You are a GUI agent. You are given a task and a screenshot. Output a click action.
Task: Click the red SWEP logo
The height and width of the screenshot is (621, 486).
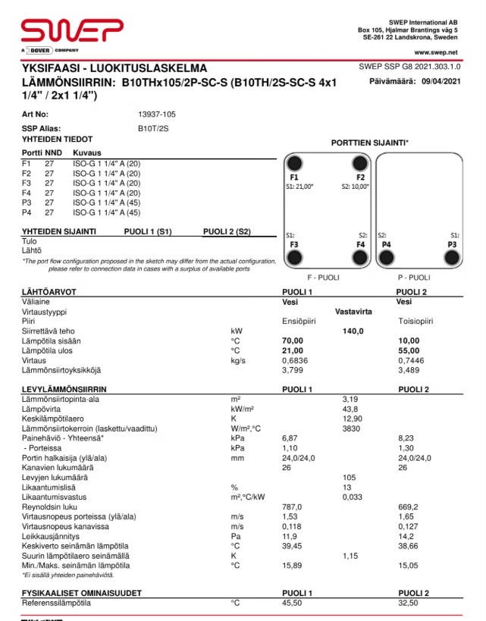click(72, 31)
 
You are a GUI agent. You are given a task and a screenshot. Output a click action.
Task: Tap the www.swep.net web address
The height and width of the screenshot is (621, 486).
click(436, 52)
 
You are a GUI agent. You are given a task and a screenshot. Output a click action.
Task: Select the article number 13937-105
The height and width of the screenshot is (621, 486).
click(156, 114)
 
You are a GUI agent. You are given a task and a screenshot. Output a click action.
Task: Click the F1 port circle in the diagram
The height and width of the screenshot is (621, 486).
click(295, 163)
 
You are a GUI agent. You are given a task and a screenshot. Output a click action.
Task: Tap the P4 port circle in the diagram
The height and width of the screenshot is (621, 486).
click(387, 258)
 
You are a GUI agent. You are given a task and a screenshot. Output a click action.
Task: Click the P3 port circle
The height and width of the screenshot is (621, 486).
click(452, 258)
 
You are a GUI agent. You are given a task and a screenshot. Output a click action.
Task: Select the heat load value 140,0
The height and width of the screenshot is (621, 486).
click(353, 331)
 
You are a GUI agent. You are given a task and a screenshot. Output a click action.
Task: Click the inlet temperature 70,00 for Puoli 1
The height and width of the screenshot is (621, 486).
click(292, 340)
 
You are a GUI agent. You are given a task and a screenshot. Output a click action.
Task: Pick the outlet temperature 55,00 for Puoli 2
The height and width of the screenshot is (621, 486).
click(409, 350)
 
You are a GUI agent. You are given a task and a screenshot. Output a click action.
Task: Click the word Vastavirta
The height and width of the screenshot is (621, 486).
click(354, 311)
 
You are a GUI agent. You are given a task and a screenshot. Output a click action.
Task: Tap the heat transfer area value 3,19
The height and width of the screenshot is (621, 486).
click(350, 398)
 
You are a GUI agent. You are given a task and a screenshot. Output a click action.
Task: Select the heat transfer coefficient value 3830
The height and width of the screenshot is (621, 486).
click(350, 428)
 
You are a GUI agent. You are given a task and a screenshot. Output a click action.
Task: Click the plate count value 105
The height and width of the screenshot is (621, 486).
click(350, 477)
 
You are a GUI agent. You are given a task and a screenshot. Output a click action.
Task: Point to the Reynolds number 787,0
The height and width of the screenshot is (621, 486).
click(292, 507)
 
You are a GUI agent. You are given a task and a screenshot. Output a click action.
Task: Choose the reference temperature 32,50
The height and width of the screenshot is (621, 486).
click(409, 603)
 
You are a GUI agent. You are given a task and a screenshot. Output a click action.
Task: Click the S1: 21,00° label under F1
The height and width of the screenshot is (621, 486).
click(299, 186)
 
